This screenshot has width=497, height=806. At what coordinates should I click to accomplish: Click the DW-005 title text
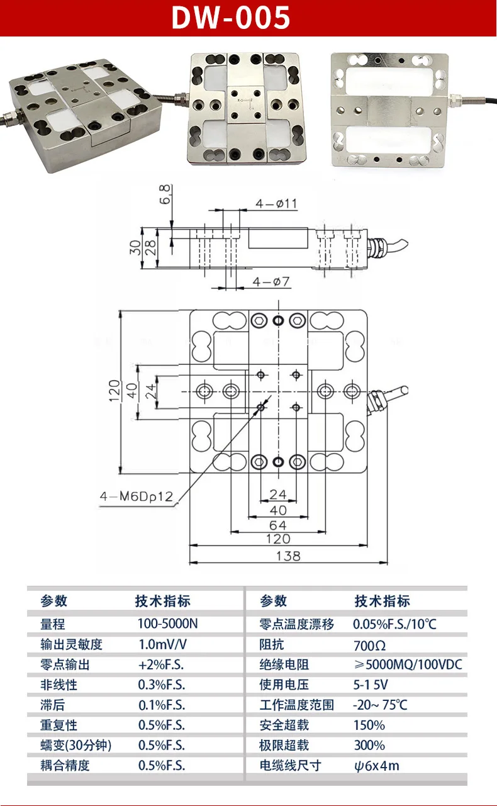(x=230, y=18)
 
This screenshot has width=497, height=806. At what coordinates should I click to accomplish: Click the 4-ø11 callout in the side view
(x=276, y=204)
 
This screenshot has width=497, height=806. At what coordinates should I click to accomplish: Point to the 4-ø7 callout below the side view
(x=271, y=281)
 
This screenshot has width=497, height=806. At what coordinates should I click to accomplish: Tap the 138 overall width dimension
(x=288, y=556)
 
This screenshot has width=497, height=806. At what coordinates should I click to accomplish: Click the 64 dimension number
(x=278, y=525)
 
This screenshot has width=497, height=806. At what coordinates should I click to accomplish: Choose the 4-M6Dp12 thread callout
(x=137, y=497)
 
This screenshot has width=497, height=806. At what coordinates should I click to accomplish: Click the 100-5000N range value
(x=168, y=624)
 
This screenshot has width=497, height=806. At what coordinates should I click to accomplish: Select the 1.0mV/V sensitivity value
(x=163, y=644)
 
